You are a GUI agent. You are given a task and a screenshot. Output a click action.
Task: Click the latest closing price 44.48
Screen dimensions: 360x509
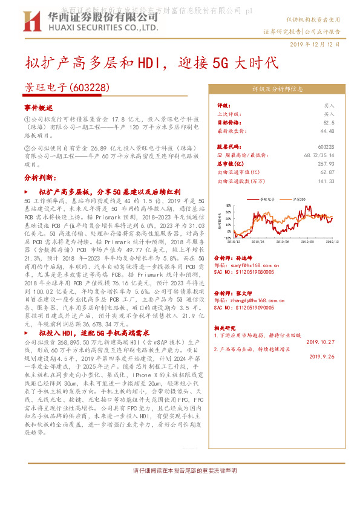327,130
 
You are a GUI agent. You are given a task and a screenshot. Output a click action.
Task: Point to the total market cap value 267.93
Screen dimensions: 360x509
326,164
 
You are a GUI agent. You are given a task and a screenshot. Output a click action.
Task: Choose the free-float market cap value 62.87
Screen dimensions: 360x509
327,172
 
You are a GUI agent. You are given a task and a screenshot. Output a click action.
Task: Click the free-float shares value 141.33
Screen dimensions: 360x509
326,181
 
